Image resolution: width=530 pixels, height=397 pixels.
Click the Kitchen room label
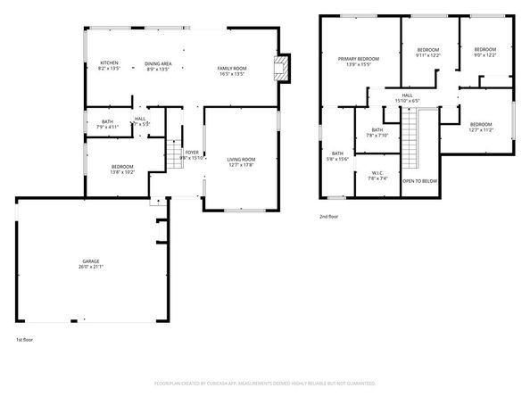pos(109,62)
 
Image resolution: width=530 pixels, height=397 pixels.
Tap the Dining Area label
pos(159,62)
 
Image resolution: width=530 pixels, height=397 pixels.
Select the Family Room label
pos(232,69)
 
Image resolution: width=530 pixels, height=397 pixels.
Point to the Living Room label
pos(241,159)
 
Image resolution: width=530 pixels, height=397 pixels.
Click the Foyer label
pos(192,153)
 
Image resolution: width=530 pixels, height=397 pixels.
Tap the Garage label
pos(92,261)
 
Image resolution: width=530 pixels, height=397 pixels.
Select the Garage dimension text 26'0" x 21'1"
pos(92,266)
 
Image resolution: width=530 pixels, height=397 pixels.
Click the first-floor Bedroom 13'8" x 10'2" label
pos(122,167)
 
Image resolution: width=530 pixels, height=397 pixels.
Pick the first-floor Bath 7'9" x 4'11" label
pos(107,121)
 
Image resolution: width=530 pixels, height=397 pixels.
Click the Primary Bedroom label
pos(358,59)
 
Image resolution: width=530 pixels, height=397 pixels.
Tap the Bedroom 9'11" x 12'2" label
pos(428,50)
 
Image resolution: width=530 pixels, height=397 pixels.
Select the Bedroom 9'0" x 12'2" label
pos(484,49)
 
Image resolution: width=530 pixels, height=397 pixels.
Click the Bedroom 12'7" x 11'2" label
pos(481,124)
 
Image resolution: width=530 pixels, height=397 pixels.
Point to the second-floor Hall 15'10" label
pos(407,95)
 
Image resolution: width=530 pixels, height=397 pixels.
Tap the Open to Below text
pos(419,180)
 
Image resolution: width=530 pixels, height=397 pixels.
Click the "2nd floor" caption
pos(329,216)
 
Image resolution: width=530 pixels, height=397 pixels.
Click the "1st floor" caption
pos(24,340)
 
